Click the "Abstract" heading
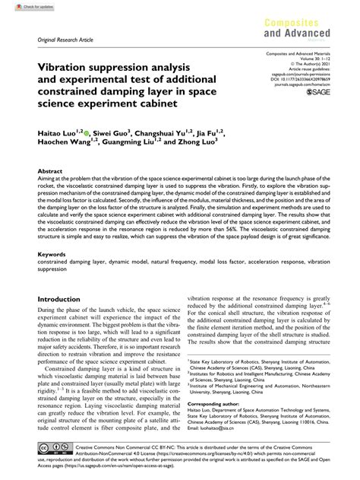[x=50, y=194]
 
